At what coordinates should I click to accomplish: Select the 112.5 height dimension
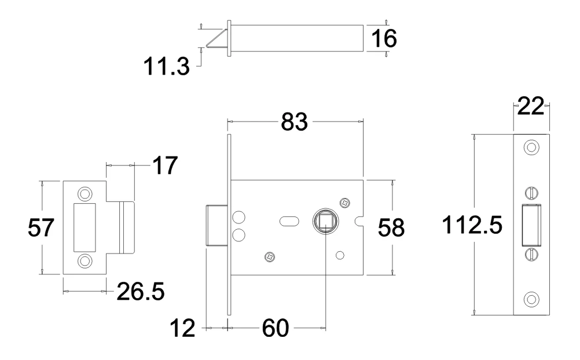(x=472, y=226)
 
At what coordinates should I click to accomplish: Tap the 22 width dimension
(x=530, y=108)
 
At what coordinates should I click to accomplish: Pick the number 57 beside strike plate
(x=42, y=227)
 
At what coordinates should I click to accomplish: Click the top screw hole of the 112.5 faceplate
(x=530, y=147)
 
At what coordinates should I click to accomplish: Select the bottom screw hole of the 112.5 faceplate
(x=530, y=300)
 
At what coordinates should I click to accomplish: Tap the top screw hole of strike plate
(x=85, y=192)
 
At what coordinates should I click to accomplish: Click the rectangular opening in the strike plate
(x=85, y=226)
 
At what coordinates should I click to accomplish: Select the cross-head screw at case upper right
(x=345, y=203)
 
